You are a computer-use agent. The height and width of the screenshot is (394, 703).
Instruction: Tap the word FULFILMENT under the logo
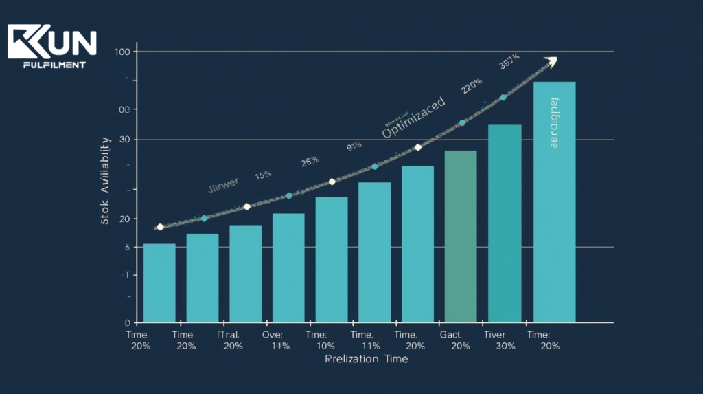(54, 65)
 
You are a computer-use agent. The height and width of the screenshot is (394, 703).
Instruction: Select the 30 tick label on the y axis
(124, 140)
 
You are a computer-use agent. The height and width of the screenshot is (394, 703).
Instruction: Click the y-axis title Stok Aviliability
(106, 181)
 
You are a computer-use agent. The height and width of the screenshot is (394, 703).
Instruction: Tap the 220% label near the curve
(472, 86)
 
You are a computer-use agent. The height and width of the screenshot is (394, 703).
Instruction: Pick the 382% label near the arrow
(509, 62)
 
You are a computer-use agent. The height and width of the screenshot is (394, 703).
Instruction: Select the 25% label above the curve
(310, 162)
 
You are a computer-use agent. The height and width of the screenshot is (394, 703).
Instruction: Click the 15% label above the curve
(263, 175)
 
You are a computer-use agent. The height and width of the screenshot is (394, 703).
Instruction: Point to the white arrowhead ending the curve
(550, 62)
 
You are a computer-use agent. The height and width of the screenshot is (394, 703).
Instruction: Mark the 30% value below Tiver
(505, 346)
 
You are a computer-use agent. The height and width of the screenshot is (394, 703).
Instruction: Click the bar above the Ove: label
(288, 267)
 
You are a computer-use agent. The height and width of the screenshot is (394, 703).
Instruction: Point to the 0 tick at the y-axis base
(128, 322)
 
